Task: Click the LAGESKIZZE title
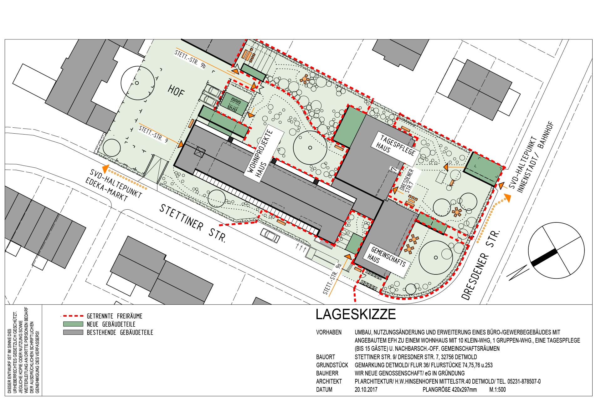tap(356, 314)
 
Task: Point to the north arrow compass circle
tap(556, 250)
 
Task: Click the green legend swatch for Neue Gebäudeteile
tap(73, 324)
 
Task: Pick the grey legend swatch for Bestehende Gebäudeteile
tap(73, 332)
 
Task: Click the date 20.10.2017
tap(366, 390)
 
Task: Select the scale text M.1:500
tap(497, 390)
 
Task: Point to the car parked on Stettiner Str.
tap(270, 235)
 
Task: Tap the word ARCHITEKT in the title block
tap(329, 381)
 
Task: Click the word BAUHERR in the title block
tap(327, 373)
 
